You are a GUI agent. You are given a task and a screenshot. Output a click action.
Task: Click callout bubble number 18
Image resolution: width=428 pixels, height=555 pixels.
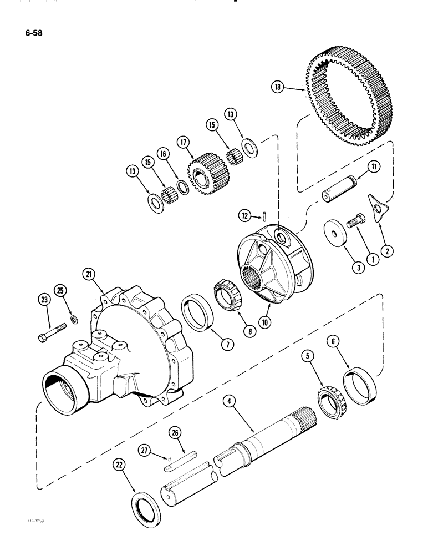[x=278, y=87]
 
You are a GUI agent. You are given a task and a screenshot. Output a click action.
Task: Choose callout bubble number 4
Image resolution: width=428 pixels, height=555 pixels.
[x=228, y=398]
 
